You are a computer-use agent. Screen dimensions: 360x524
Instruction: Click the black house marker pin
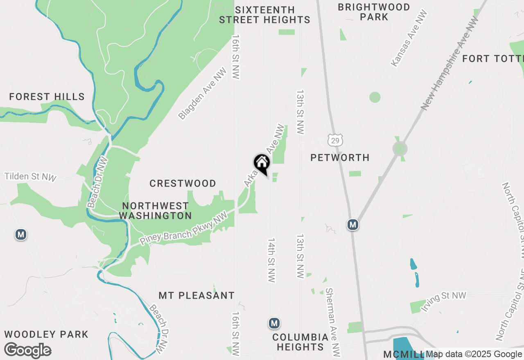pyautogui.click(x=262, y=164)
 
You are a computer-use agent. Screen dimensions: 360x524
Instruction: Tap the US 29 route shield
pyautogui.click(x=335, y=140)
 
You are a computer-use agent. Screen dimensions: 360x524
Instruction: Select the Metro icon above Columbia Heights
pyautogui.click(x=274, y=323)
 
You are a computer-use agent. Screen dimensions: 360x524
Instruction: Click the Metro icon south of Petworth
pyautogui.click(x=353, y=225)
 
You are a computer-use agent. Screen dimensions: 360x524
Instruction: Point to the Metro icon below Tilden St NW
pyautogui.click(x=21, y=234)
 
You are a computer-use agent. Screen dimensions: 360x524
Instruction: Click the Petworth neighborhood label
pyautogui.click(x=340, y=157)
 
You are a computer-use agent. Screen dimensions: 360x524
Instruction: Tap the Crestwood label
pyautogui.click(x=183, y=183)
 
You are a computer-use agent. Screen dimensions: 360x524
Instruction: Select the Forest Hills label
pyautogui.click(x=47, y=97)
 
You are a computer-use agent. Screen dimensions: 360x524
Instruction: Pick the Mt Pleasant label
pyautogui.click(x=196, y=295)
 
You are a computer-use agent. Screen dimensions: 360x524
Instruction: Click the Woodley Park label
pyautogui.click(x=46, y=334)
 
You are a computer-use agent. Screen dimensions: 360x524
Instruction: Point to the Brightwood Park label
pyautogui.click(x=374, y=12)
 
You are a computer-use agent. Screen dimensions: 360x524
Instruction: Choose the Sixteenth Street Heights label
pyautogui.click(x=264, y=15)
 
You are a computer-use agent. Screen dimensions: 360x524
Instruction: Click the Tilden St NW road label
pyautogui.click(x=30, y=177)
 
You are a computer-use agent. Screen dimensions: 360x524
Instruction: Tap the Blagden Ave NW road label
pyautogui.click(x=203, y=94)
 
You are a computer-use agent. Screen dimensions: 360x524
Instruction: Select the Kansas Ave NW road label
pyautogui.click(x=409, y=38)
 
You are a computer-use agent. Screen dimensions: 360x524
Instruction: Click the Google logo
pyautogui.click(x=28, y=351)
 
